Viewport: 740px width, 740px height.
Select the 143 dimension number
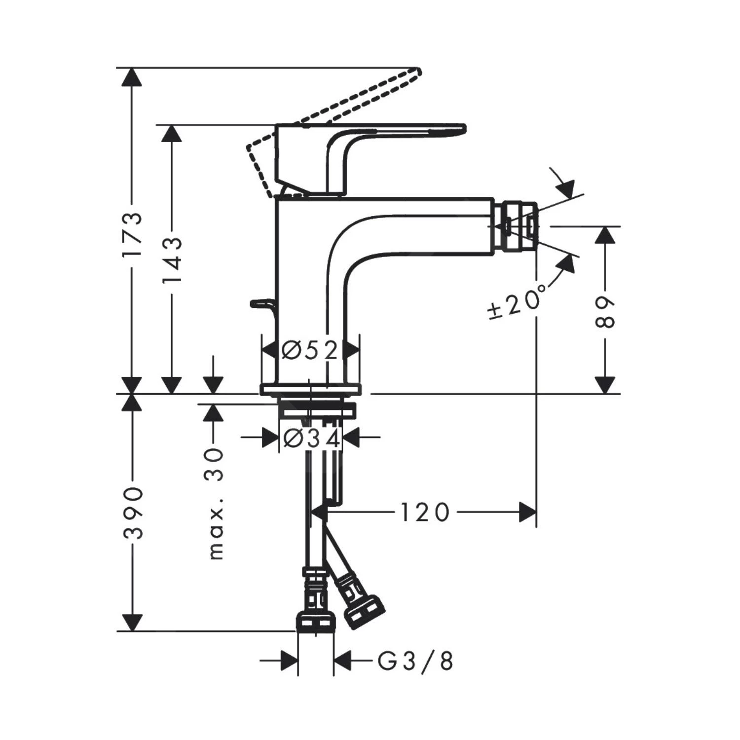click(173, 259)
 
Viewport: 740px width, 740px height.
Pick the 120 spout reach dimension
click(425, 513)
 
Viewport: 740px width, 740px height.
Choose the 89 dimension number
click(605, 313)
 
